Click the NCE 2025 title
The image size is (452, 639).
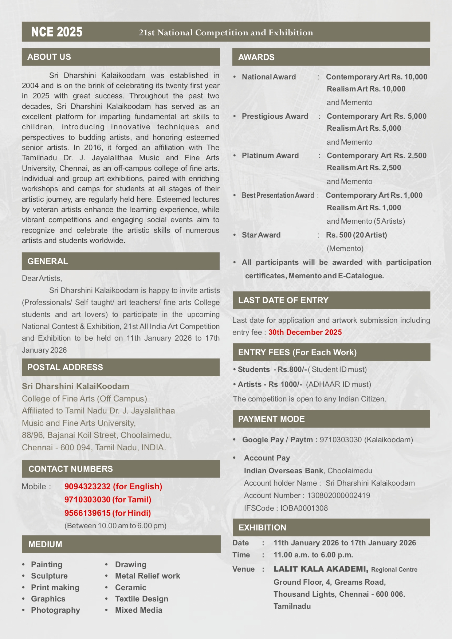tap(57, 32)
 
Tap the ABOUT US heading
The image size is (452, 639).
tap(49, 57)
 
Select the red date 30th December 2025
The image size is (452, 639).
tap(305, 332)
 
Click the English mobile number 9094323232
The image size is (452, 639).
tap(87, 486)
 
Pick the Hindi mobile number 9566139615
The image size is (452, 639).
tap(87, 513)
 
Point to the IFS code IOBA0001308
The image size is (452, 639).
tap(304, 508)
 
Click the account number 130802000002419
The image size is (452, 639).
tap(338, 495)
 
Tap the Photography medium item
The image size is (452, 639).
tap(55, 610)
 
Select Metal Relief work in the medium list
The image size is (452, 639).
tap(148, 576)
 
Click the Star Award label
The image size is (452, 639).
tap(261, 235)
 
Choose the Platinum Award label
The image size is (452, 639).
tap(270, 156)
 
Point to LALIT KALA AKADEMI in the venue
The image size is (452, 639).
tap(321, 569)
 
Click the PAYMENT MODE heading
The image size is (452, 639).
tap(271, 419)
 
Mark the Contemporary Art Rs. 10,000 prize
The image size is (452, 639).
tap(376, 77)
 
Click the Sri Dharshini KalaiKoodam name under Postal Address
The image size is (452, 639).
tap(75, 386)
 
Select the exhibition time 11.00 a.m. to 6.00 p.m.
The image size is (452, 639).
tap(313, 555)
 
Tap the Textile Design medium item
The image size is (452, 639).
tap(141, 599)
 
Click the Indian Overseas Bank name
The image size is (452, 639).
tap(283, 471)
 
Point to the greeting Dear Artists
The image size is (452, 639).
tap(42, 278)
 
